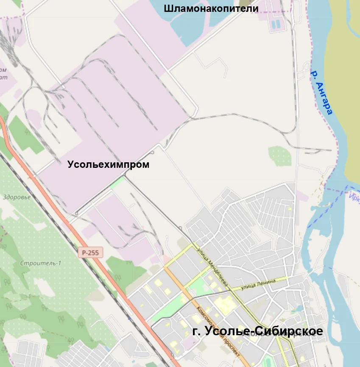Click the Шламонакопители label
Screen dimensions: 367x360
tap(211, 8)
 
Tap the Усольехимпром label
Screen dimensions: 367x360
tap(109, 165)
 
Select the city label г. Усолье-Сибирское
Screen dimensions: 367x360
tap(258, 331)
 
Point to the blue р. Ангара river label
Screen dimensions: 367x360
tap(321, 92)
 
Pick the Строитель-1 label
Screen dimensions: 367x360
tap(41, 263)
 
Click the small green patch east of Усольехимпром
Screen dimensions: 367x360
tap(280, 156)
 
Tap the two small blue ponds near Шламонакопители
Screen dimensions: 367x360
tap(276, 24)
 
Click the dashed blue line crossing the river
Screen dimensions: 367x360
tap(329, 208)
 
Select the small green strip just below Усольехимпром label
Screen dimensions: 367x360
tap(118, 183)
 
